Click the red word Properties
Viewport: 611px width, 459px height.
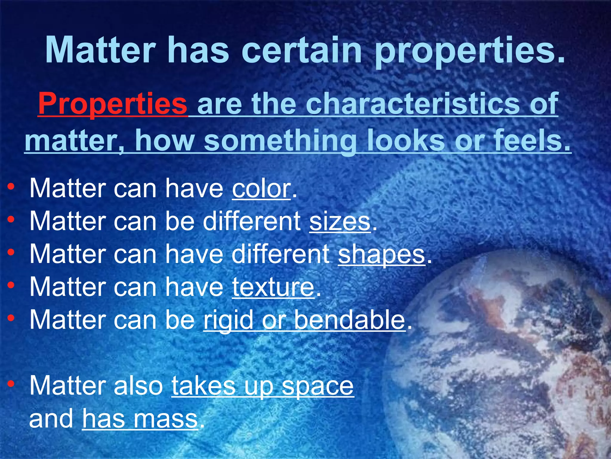click(112, 104)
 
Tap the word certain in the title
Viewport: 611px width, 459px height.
click(303, 50)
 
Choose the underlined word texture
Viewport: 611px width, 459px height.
click(273, 287)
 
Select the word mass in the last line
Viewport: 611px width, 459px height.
click(165, 419)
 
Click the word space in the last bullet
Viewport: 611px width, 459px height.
click(317, 386)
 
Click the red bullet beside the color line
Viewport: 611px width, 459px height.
click(11, 187)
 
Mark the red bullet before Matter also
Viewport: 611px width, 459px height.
click(11, 384)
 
